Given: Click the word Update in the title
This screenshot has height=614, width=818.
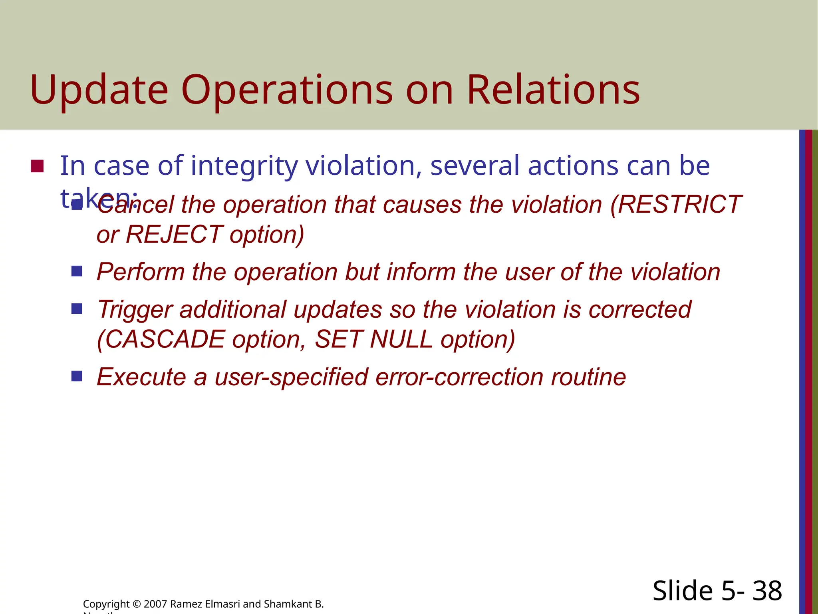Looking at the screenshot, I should (99, 90).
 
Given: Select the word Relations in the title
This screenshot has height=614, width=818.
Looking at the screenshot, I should (553, 90).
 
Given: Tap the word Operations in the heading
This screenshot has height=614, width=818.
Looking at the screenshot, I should (287, 90).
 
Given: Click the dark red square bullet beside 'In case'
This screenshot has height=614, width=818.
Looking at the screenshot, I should (37, 166).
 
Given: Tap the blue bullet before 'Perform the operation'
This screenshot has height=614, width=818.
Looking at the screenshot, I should (77, 272).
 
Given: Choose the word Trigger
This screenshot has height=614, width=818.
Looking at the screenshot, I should (135, 310).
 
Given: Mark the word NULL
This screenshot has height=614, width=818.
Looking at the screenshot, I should (401, 339).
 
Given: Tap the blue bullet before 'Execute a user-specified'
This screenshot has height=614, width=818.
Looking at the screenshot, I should (77, 376).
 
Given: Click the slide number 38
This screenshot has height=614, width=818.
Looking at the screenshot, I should (767, 591).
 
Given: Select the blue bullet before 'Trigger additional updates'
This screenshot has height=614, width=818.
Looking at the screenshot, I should (77, 309).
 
